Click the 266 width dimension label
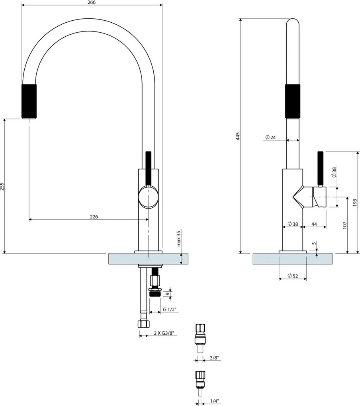(92, 2)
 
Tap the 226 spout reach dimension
(94, 217)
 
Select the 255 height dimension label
(2, 186)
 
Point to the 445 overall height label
(238, 136)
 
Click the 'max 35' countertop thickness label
(178, 238)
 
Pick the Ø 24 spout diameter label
(270, 137)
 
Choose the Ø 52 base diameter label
(293, 276)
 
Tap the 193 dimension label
(355, 203)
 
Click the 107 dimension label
(344, 226)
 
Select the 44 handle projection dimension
(314, 224)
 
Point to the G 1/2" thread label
(169, 309)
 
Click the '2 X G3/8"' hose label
(163, 333)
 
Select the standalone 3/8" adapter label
(214, 358)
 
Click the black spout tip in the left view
(29, 101)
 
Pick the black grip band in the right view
(293, 101)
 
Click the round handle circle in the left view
(149, 197)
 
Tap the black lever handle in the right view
(321, 168)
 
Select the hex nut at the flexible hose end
(144, 324)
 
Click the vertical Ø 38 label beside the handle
(334, 172)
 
